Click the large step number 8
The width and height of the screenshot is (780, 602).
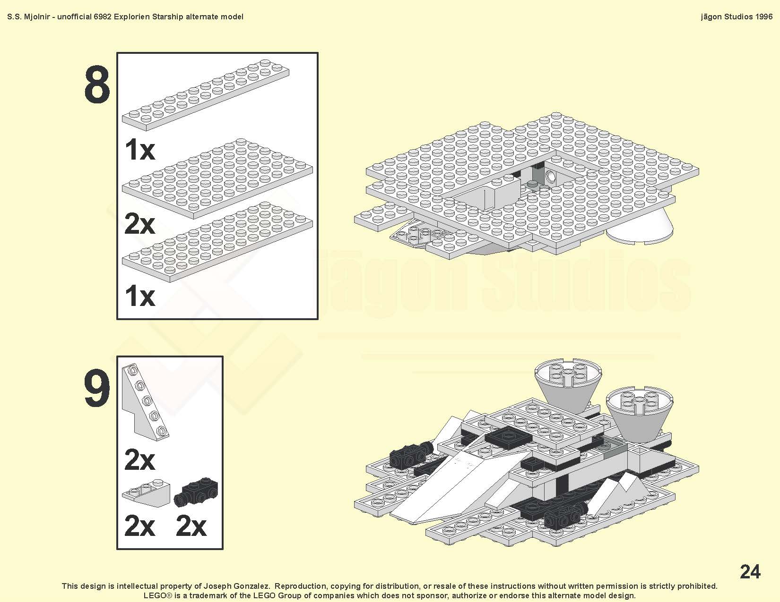click(x=97, y=85)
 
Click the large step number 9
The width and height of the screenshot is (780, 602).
click(x=97, y=388)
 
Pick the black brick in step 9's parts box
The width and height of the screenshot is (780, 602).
click(x=196, y=492)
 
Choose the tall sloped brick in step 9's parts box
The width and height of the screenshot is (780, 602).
click(x=145, y=402)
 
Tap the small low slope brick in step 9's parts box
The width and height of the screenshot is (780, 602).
click(x=146, y=493)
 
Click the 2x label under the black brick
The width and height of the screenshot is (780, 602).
click(x=191, y=526)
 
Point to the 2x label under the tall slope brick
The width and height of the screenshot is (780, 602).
click(x=139, y=460)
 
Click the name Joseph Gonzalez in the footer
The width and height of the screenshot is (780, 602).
click(x=237, y=586)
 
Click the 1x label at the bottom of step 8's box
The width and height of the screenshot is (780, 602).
click(x=139, y=296)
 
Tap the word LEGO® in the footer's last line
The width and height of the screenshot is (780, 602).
click(x=158, y=595)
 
